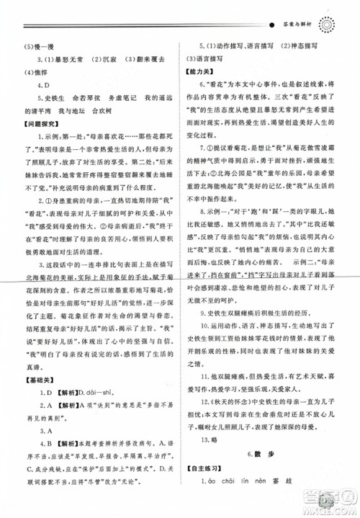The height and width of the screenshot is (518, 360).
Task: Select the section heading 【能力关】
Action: [204, 74]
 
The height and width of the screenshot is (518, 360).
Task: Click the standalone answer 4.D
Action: [44, 89]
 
